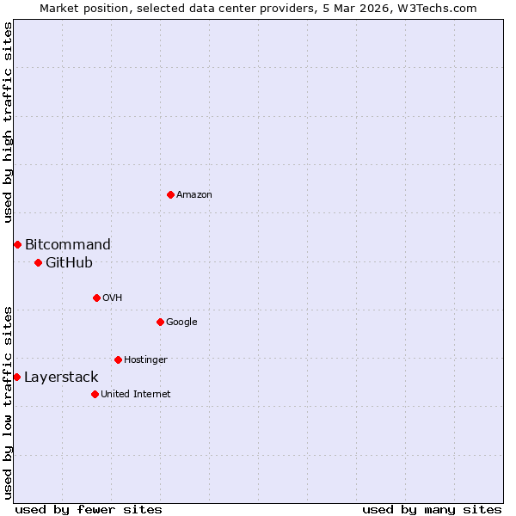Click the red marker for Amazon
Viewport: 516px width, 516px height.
(x=170, y=194)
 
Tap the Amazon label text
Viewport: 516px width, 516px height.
(x=194, y=194)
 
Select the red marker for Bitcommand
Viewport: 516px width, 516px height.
(x=17, y=244)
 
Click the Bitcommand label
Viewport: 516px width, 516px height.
(x=67, y=244)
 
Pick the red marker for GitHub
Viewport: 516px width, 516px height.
(x=38, y=262)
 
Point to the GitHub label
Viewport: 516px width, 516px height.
(x=69, y=262)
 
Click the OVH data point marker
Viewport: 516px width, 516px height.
(x=96, y=298)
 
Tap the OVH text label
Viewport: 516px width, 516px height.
(x=112, y=298)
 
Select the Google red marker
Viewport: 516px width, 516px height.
(x=160, y=322)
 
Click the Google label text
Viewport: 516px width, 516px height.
(x=181, y=322)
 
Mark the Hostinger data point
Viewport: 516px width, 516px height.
(x=118, y=359)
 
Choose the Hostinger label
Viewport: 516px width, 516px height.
(x=145, y=359)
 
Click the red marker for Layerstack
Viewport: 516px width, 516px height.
(x=16, y=377)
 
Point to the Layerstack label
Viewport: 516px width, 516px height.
(x=61, y=377)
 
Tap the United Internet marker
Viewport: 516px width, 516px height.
(x=95, y=394)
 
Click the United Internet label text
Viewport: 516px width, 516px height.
(x=135, y=394)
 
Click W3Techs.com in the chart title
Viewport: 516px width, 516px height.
(x=436, y=8)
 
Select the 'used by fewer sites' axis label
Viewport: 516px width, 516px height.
(x=89, y=509)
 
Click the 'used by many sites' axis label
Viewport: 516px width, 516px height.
(x=432, y=509)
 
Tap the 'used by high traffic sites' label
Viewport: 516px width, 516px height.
(x=8, y=122)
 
